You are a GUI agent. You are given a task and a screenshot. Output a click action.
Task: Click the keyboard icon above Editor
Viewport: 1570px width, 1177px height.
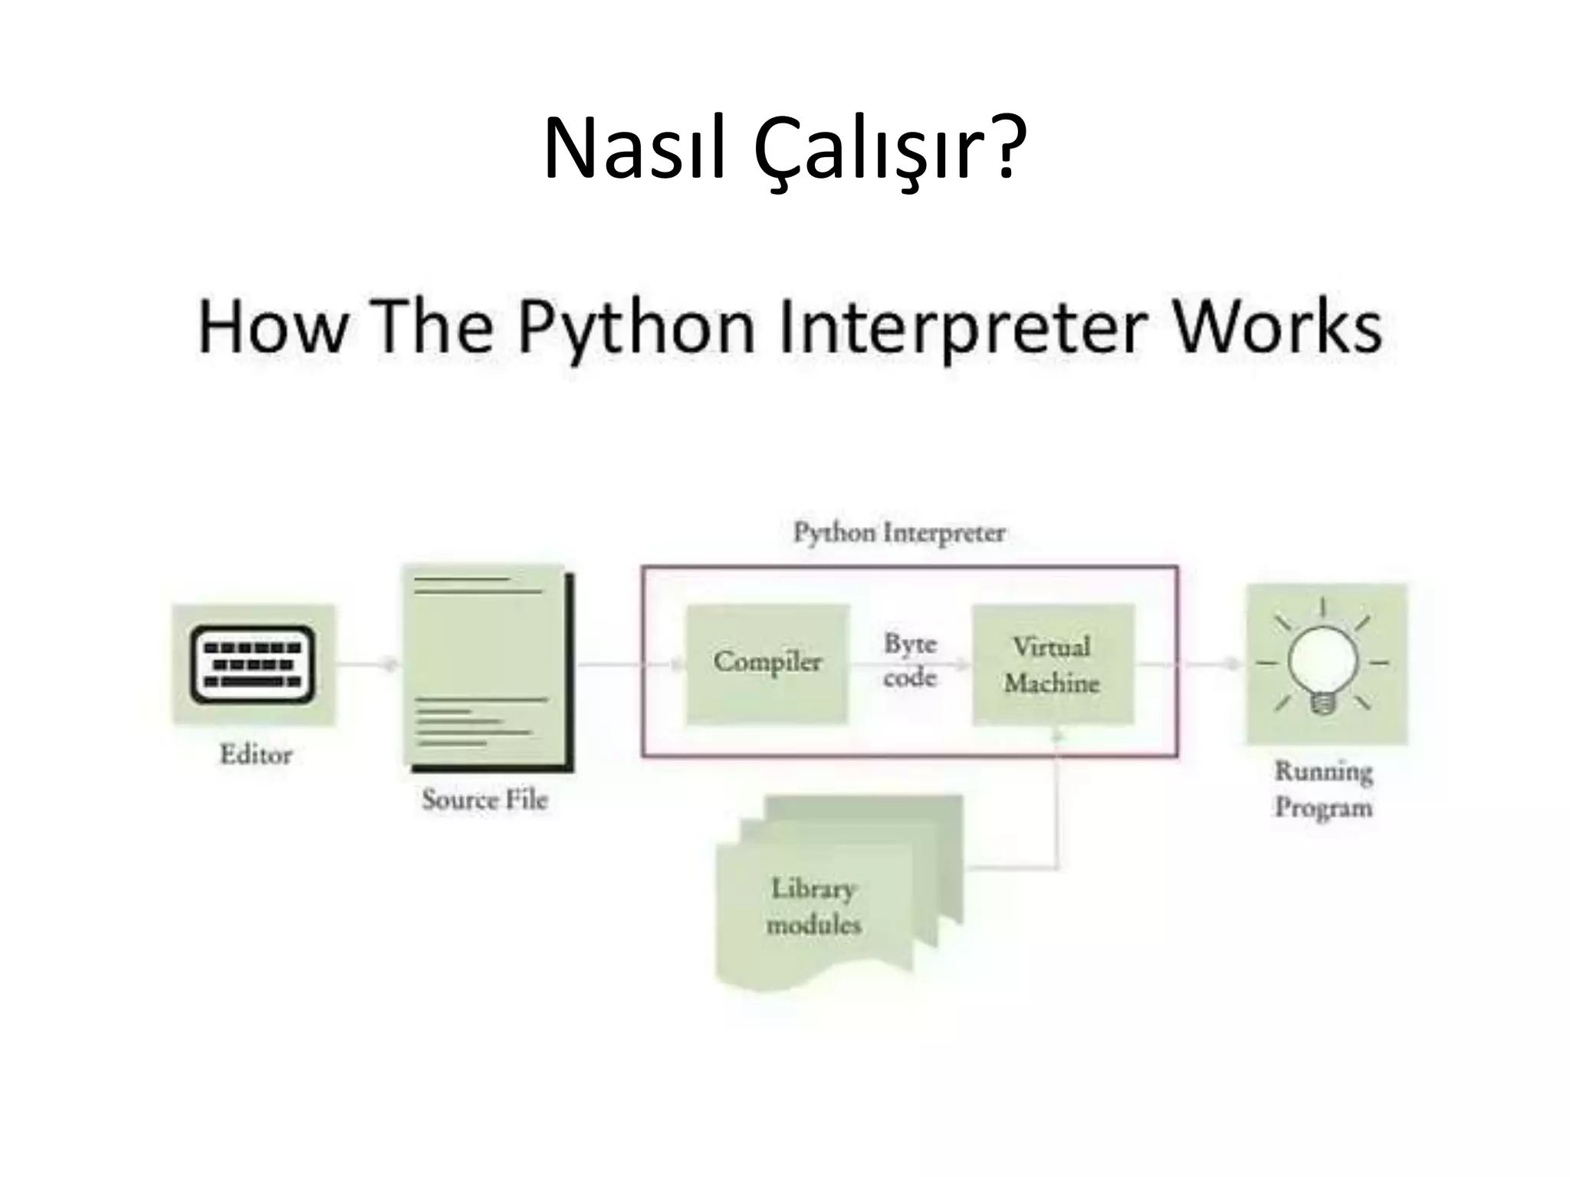[x=252, y=664]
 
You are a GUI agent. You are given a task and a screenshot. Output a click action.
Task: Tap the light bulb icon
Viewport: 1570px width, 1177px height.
[x=1323, y=664]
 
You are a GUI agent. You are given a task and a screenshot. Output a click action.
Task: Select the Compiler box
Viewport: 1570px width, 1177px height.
[x=767, y=664]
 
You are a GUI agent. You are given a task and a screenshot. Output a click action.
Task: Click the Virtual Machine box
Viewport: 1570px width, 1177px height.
[x=1053, y=664]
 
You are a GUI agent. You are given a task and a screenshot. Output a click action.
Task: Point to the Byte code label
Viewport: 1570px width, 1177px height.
[x=910, y=661]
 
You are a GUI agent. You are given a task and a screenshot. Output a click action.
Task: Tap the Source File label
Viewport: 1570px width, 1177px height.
[x=484, y=800]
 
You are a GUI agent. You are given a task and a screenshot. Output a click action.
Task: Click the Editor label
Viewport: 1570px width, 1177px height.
[x=256, y=755]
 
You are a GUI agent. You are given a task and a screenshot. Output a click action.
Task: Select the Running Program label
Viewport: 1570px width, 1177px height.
[x=1323, y=789]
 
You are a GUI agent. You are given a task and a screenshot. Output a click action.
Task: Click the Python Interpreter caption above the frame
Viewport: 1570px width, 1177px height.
[x=898, y=533]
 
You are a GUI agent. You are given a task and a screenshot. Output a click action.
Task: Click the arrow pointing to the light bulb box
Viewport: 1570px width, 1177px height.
[x=1215, y=664]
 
